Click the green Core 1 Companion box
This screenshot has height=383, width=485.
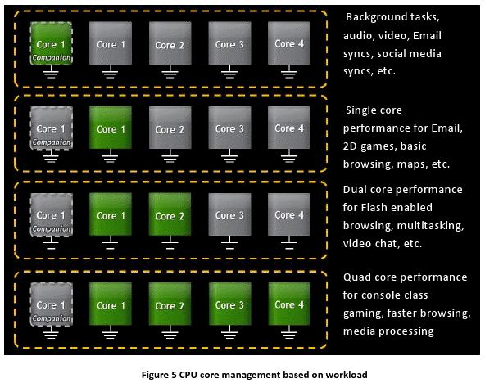52,43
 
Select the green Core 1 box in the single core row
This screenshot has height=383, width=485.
111,128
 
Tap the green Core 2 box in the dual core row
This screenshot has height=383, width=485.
170,214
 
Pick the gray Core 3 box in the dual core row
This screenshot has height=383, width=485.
229,214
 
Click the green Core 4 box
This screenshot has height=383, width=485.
289,304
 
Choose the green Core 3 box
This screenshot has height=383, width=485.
229,304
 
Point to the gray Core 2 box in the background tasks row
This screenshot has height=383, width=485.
170,43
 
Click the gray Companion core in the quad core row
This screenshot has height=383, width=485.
52,304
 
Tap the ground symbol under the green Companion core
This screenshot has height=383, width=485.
51,72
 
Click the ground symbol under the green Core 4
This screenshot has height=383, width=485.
289,332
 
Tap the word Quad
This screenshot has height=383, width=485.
357,277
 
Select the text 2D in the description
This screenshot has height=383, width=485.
350,146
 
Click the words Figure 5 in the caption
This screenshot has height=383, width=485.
159,375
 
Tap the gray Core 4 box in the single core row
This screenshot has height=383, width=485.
289,128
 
